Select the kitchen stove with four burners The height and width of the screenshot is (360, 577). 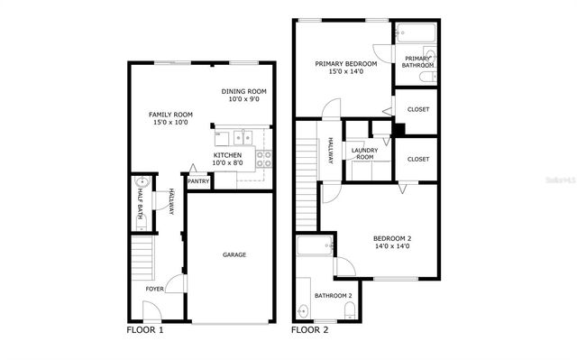[x=265, y=159]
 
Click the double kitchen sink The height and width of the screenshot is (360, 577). [x=241, y=137]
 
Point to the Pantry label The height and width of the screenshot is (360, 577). [x=198, y=181]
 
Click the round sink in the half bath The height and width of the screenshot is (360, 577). [x=140, y=182]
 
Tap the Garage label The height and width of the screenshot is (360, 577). [x=234, y=254]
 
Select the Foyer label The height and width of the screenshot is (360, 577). [x=155, y=289]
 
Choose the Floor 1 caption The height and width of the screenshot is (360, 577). [x=145, y=330]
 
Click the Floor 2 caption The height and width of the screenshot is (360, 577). [x=310, y=330]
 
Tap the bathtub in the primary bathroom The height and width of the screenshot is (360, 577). [x=415, y=35]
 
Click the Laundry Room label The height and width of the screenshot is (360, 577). [x=364, y=153]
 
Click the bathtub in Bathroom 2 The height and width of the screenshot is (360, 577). [x=315, y=247]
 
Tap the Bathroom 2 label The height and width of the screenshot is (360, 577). [x=333, y=295]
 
